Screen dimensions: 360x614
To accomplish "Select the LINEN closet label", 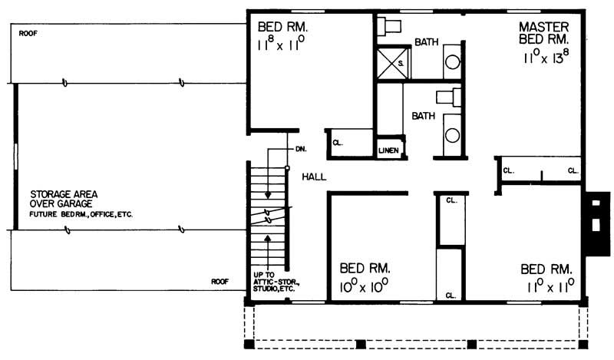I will pyautogui.click(x=388, y=150).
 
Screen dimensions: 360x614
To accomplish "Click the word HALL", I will pyautogui.click(x=314, y=177).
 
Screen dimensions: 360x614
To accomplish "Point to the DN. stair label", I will pyautogui.click(x=301, y=148).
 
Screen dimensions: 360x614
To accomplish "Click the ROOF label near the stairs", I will pyautogui.click(x=220, y=282).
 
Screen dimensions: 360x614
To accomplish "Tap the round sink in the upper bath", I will pyautogui.click(x=453, y=62).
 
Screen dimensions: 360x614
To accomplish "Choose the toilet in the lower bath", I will pyautogui.click(x=447, y=97).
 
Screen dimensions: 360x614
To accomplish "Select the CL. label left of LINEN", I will pyautogui.click(x=337, y=143).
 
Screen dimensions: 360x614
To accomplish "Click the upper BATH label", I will pyautogui.click(x=427, y=43).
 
